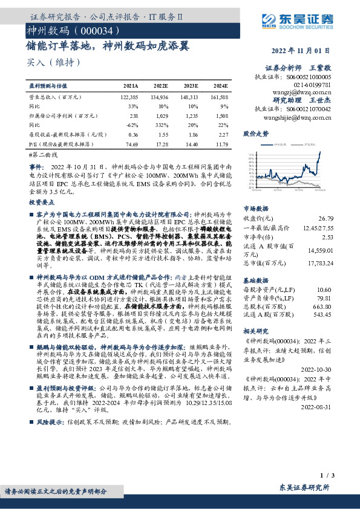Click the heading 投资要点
[x=42, y=203]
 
